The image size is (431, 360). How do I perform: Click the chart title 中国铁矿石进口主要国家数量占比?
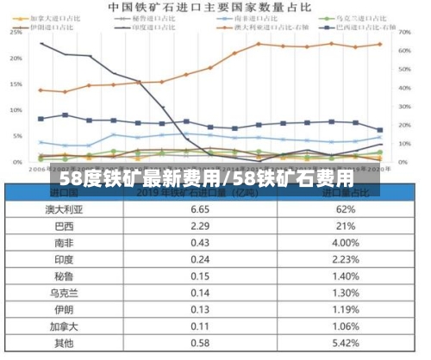coord(211,7)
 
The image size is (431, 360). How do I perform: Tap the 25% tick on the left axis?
coord(15,33)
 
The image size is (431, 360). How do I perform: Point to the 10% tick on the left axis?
coord(15,110)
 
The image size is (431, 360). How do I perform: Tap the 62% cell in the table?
coord(346,209)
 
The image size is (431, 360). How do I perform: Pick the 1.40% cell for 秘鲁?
coord(346,276)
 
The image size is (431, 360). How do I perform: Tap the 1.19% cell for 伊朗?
coord(346,310)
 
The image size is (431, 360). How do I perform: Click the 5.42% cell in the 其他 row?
coord(346,343)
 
